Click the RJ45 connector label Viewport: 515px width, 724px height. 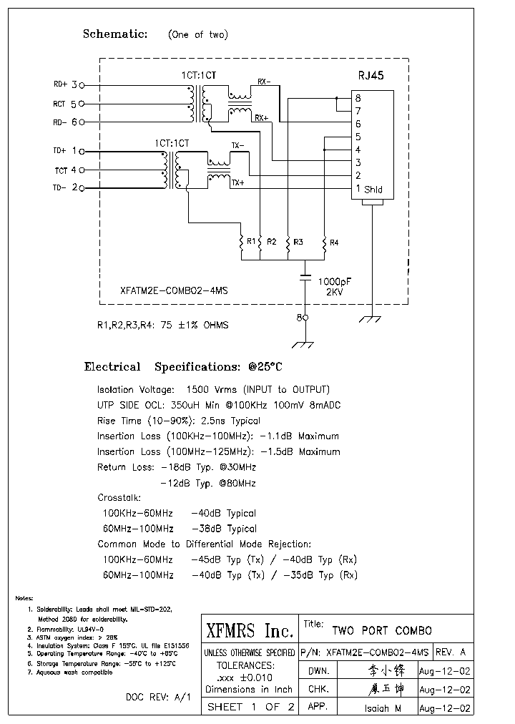pyautogui.click(x=371, y=75)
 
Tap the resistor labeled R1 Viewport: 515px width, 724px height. pyautogui.click(x=242, y=243)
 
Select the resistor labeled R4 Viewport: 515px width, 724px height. pyautogui.click(x=324, y=243)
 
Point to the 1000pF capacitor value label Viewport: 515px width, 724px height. pyautogui.click(x=334, y=281)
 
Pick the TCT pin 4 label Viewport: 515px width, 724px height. pyautogui.click(x=69, y=170)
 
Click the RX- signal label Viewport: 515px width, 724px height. pyautogui.click(x=263, y=82)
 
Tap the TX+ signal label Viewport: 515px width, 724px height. pyautogui.click(x=237, y=183)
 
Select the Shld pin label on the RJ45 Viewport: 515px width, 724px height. pyautogui.click(x=373, y=190)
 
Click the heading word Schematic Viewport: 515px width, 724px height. pyautogui.click(x=115, y=34)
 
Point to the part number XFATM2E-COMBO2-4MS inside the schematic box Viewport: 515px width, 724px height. pyautogui.click(x=175, y=291)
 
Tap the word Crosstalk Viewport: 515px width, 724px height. pyautogui.click(x=119, y=497)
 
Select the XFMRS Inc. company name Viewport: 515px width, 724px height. pyautogui.click(x=250, y=631)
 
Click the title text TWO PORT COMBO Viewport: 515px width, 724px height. pyautogui.click(x=382, y=631)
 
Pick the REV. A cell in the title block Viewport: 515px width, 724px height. pyautogui.click(x=451, y=652)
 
